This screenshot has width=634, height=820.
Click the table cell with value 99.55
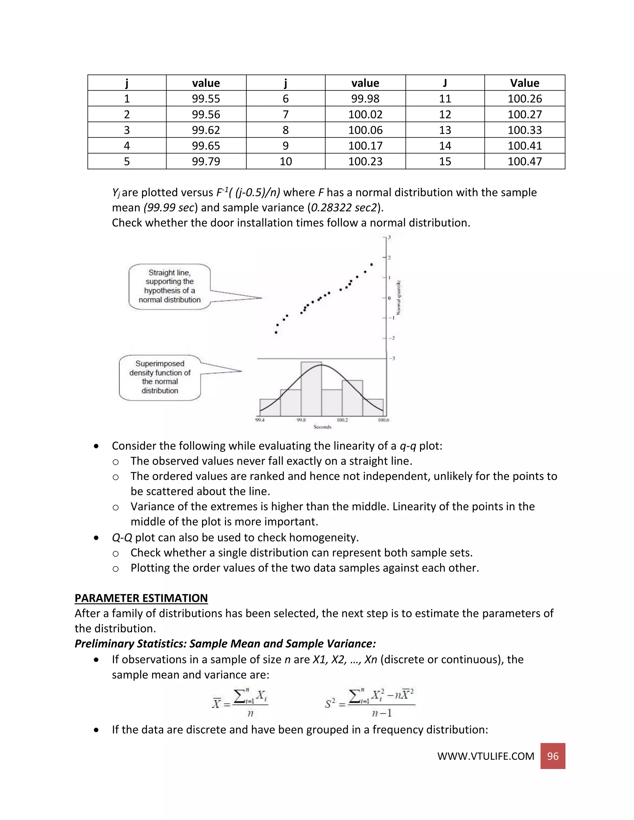(206, 99)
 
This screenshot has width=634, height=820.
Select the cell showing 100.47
(524, 162)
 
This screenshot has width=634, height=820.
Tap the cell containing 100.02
(365, 114)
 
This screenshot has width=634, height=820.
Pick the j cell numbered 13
(445, 130)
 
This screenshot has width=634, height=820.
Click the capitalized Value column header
(524, 83)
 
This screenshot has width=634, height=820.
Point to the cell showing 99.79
(206, 162)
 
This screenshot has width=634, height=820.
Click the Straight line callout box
(169, 287)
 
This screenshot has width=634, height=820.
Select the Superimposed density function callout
(160, 377)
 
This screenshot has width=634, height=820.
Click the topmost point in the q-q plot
(371, 264)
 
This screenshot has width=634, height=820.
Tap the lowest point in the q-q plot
(276, 332)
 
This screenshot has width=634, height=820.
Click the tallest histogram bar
(311, 389)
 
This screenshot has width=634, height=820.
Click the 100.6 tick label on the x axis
(383, 420)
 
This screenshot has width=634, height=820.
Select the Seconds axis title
(322, 427)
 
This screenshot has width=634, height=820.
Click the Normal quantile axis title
(399, 298)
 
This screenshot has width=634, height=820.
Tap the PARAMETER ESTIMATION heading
(141, 598)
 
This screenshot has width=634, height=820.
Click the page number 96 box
(553, 756)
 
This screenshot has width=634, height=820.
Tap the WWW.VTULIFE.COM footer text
(486, 756)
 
